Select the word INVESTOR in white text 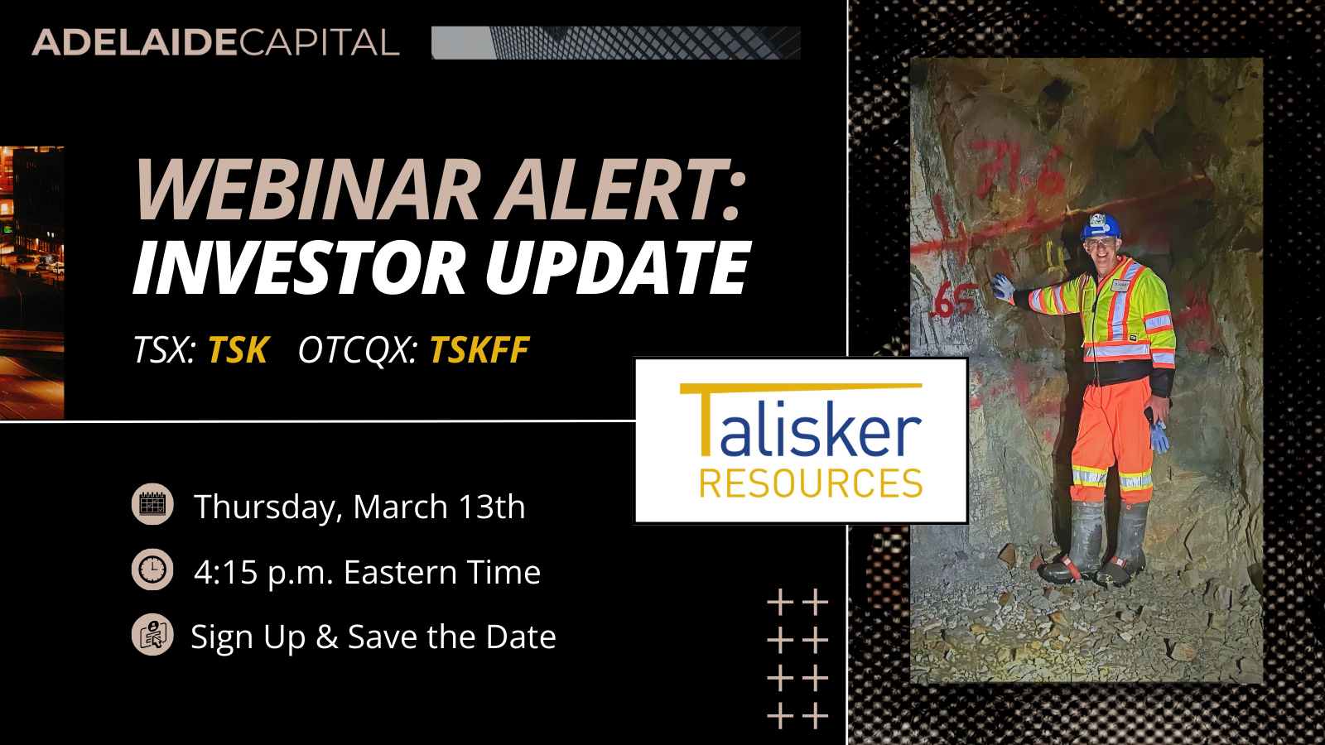click(300, 268)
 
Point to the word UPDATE click(617, 268)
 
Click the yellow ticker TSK click(238, 350)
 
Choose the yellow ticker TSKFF click(479, 350)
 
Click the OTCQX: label click(358, 350)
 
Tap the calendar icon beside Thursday click(152, 504)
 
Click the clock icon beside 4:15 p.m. click(152, 570)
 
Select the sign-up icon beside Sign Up click(152, 636)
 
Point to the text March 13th click(439, 507)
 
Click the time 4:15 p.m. click(263, 573)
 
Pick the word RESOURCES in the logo click(811, 483)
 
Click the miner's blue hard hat click(1101, 226)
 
